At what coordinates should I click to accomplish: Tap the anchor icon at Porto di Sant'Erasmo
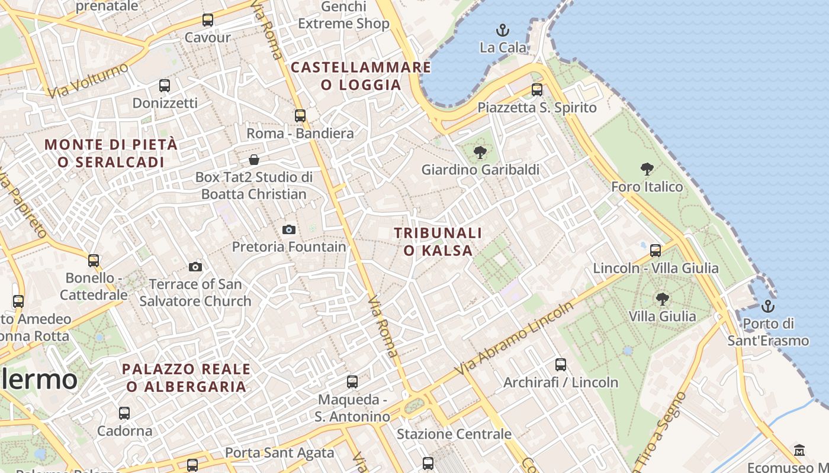(x=768, y=306)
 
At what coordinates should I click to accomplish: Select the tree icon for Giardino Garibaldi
(x=480, y=153)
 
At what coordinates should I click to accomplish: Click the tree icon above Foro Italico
(x=647, y=169)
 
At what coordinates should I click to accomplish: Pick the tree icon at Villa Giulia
(x=663, y=299)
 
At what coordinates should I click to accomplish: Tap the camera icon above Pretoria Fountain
(x=289, y=229)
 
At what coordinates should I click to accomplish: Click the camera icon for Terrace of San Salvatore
(x=195, y=267)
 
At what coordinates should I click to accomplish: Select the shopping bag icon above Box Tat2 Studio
(x=254, y=160)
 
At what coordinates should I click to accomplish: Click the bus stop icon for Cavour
(x=208, y=20)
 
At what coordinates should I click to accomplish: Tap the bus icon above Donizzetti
(x=165, y=86)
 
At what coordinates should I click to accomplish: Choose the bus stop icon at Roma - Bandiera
(x=300, y=116)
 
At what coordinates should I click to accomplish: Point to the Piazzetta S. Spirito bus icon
(x=537, y=90)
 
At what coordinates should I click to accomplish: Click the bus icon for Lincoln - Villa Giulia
(x=656, y=251)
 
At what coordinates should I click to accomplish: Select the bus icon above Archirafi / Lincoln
(x=561, y=365)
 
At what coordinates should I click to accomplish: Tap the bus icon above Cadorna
(x=124, y=413)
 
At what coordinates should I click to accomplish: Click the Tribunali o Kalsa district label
(x=438, y=242)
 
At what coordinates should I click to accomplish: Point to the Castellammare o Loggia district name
(x=361, y=76)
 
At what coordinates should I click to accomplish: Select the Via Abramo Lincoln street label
(x=515, y=338)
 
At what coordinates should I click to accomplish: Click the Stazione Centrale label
(x=454, y=434)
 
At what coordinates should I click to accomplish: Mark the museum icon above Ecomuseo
(x=799, y=450)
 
